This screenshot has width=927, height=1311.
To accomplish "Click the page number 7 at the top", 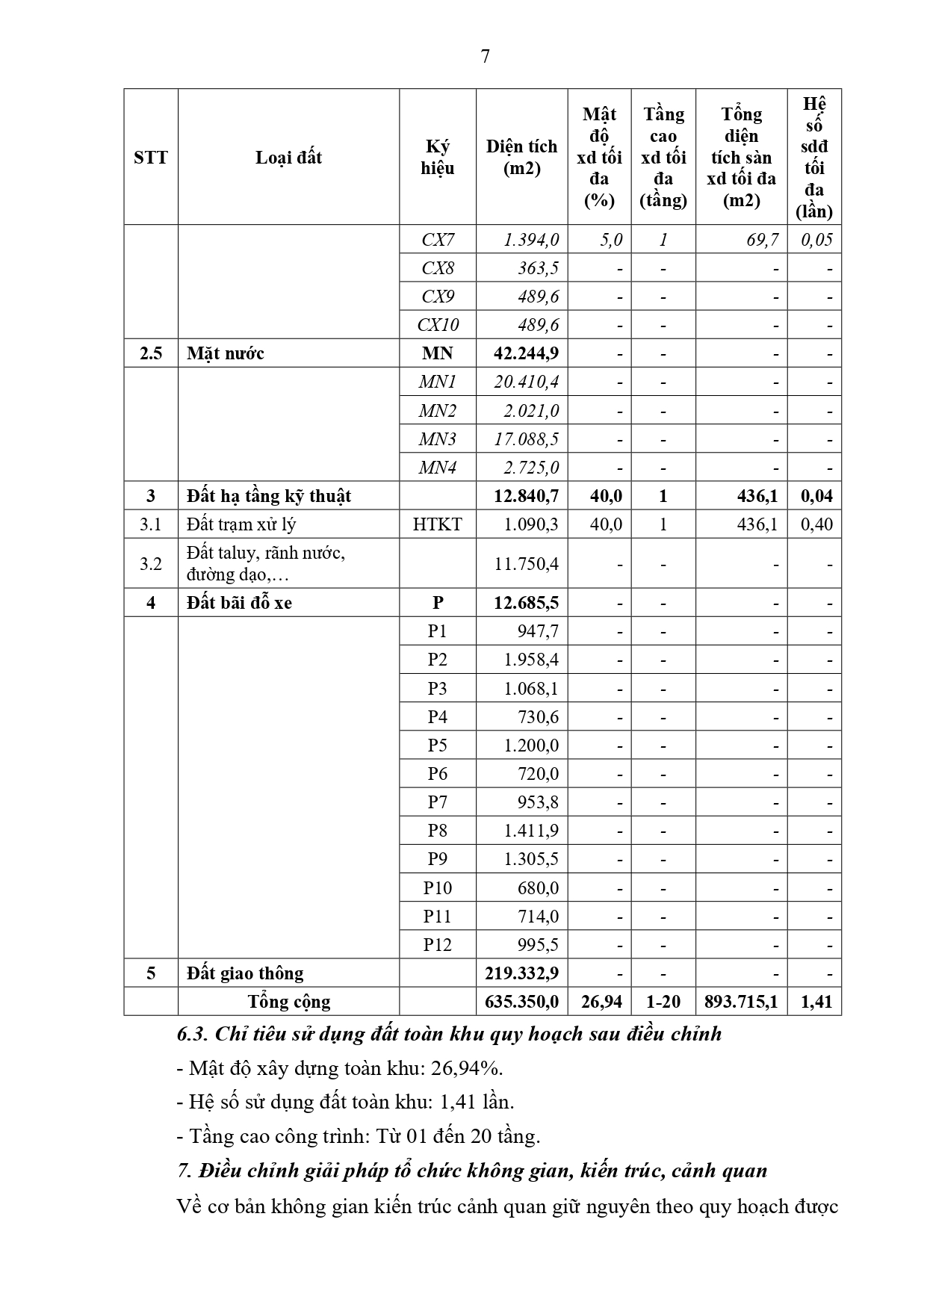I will [x=486, y=57].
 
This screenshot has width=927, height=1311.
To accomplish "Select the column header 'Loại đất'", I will [x=288, y=158].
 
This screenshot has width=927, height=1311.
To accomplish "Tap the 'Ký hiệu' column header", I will [x=437, y=157].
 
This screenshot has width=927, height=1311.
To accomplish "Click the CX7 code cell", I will [x=438, y=240].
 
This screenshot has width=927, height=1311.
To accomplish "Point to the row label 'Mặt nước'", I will [x=226, y=353].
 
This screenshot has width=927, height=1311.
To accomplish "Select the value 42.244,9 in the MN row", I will [x=526, y=353].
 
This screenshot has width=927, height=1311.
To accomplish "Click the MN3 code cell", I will [x=438, y=439].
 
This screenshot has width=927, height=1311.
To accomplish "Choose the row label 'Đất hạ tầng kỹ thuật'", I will [x=269, y=496].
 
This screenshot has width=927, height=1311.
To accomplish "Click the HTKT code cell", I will [x=437, y=524].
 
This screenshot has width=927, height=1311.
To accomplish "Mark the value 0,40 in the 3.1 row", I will [x=816, y=524].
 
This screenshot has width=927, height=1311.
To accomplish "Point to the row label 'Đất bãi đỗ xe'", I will [x=239, y=603].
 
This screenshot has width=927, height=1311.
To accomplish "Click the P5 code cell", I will [x=437, y=746].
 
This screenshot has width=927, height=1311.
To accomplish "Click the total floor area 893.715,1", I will [x=741, y=1002].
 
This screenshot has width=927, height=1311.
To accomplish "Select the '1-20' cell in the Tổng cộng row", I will [x=663, y=1002].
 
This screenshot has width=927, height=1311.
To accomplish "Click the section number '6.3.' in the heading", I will [x=193, y=1035].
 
